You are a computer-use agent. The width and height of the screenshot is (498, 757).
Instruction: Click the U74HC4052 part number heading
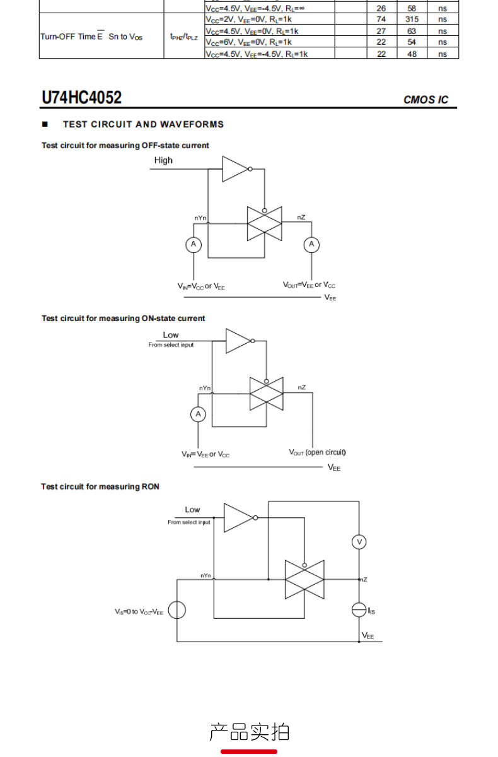coord(81,97)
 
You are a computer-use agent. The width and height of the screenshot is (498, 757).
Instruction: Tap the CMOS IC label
coord(426,100)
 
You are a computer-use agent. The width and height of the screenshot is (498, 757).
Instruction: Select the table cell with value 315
coord(412,20)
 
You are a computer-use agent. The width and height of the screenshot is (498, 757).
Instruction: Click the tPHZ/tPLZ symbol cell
coord(184,37)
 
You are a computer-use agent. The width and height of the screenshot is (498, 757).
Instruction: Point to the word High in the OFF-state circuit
coord(163,160)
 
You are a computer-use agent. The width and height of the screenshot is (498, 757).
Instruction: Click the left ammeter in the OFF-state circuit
coord(194,244)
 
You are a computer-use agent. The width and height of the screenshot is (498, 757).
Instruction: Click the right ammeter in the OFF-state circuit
coord(311,244)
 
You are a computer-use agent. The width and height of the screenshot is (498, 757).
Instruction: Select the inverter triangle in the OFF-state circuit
coord(235,169)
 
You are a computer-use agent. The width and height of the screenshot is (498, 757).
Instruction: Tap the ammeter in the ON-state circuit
coord(198,414)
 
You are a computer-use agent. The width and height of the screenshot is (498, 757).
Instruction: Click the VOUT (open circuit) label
coord(317,452)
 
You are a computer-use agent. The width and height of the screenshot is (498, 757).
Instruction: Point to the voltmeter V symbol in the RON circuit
coord(359,542)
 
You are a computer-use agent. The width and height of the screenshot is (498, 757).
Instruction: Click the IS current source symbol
coord(359,610)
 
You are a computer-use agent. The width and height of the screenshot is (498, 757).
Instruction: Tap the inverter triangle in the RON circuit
coord(238,518)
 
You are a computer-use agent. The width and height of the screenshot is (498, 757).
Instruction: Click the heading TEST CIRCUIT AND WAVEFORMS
coord(143,124)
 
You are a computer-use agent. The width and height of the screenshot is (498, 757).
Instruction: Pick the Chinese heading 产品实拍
coord(249,732)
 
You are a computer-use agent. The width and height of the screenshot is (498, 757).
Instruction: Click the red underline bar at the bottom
coord(249,751)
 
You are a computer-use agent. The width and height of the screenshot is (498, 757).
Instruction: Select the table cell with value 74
coord(381,20)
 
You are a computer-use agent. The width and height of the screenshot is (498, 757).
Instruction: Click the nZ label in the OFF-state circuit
coord(301,217)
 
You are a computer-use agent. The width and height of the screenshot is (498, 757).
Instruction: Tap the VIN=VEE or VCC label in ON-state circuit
coord(206,454)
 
